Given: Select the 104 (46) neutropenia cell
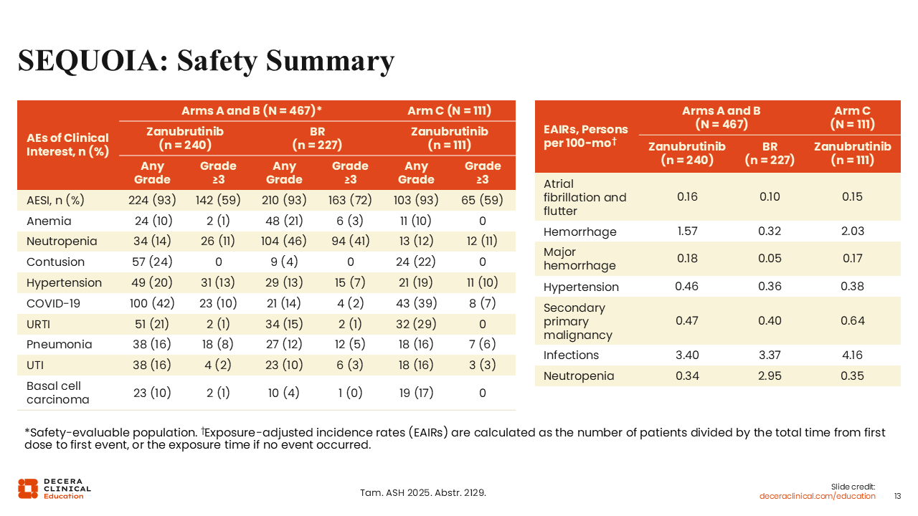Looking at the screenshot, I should [x=285, y=242].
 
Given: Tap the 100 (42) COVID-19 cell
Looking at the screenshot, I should [x=152, y=303].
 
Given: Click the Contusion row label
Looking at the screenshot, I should [x=55, y=262].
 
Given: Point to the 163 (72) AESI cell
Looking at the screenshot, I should [x=351, y=200].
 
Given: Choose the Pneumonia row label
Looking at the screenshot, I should [x=59, y=345].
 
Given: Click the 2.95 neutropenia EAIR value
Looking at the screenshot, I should [x=770, y=376].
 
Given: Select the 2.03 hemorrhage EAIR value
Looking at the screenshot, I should [x=852, y=231].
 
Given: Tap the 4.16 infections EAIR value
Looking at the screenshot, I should [x=852, y=355].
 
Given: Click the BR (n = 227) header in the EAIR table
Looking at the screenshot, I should [x=770, y=153].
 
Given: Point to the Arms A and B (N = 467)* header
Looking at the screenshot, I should [x=251, y=111].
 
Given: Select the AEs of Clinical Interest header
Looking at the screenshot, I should [x=67, y=145].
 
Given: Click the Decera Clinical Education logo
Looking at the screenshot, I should [x=55, y=488].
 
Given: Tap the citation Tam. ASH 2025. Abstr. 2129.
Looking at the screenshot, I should [x=422, y=492].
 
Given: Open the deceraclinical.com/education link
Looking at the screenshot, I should [x=818, y=496].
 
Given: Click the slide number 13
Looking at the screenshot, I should [x=897, y=496].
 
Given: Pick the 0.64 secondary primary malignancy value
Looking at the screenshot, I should [x=852, y=321].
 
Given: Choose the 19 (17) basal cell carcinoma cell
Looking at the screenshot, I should [x=416, y=393].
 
